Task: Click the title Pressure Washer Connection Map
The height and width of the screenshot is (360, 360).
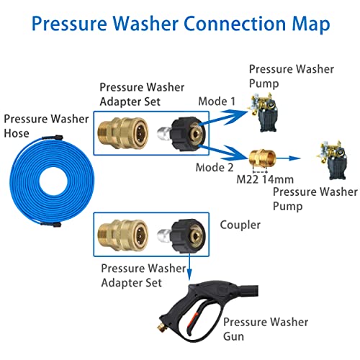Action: pyautogui.click(x=180, y=24)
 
